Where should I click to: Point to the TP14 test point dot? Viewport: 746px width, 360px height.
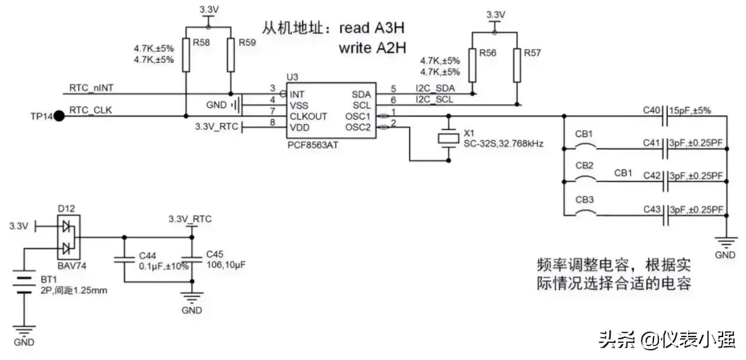(x=59, y=116)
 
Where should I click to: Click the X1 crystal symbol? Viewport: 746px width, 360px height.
(x=449, y=138)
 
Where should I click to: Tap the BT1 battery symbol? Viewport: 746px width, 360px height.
(x=26, y=283)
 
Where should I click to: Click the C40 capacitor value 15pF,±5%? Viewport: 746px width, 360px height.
(x=696, y=110)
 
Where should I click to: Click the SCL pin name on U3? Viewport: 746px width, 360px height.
(x=361, y=104)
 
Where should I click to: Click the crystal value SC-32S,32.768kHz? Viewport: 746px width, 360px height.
(x=503, y=144)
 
